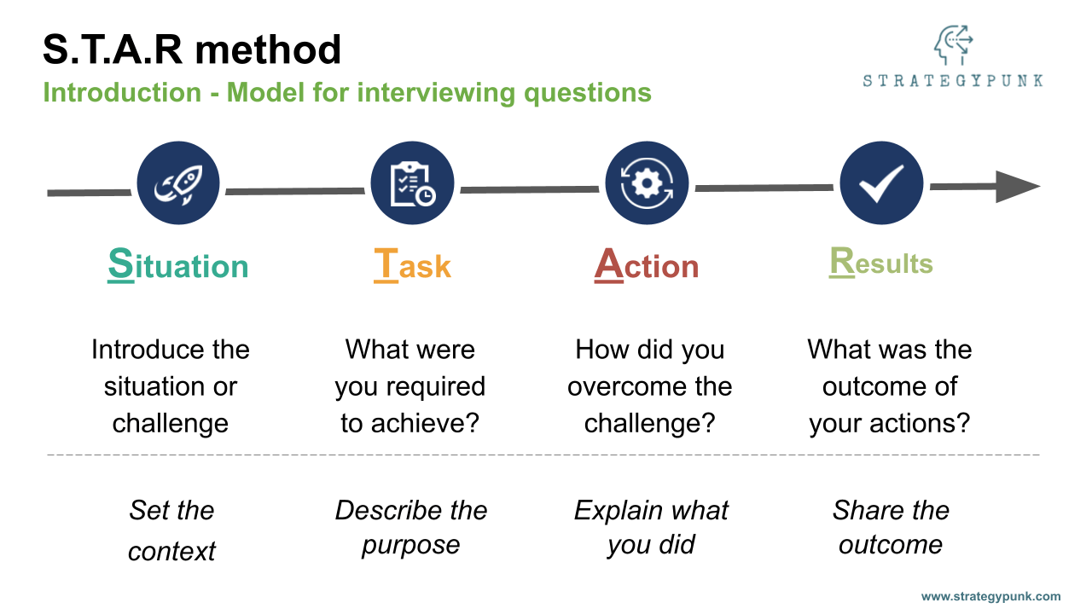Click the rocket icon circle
pyautogui.click(x=178, y=183)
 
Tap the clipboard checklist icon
pyautogui.click(x=412, y=183)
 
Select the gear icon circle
pyautogui.click(x=647, y=183)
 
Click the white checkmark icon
pyautogui.click(x=881, y=183)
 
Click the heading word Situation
pyautogui.click(x=177, y=265)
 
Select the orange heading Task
pyautogui.click(x=412, y=265)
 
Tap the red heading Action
pyautogui.click(x=647, y=265)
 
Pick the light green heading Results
pyautogui.click(x=881, y=264)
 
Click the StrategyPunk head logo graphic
pyautogui.click(x=952, y=46)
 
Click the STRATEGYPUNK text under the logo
pyautogui.click(x=952, y=81)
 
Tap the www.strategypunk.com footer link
pyautogui.click(x=990, y=596)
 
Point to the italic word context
pyautogui.click(x=171, y=551)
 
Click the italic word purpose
pyautogui.click(x=410, y=545)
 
